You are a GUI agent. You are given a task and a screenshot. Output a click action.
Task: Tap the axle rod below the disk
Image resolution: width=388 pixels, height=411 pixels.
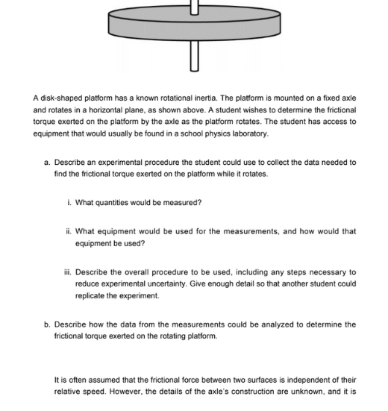(x=195, y=58)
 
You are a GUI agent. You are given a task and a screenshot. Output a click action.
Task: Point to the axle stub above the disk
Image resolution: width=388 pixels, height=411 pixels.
(x=195, y=7)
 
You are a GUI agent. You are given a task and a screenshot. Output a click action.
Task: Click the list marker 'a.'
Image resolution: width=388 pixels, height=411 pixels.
(x=47, y=162)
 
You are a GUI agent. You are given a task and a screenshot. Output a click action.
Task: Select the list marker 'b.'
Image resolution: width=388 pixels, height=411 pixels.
(x=47, y=324)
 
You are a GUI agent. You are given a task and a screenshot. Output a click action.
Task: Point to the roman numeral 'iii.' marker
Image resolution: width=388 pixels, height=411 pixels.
(x=68, y=272)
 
